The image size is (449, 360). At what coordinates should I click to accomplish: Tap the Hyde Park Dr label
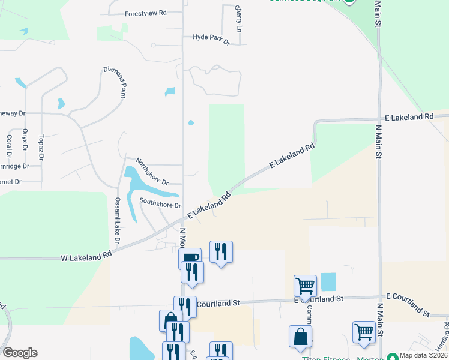(x=211, y=37)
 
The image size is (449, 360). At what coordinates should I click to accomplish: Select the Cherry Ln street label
(x=239, y=19)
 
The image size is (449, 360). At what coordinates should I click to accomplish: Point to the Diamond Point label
(x=115, y=82)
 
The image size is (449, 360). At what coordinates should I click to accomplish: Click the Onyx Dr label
(x=25, y=139)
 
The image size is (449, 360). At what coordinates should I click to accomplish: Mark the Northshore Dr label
(x=151, y=172)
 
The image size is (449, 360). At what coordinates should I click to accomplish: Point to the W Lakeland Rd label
(x=86, y=256)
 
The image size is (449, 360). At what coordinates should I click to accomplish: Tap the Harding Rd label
(x=446, y=333)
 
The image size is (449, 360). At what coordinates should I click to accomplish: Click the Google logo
(x=20, y=353)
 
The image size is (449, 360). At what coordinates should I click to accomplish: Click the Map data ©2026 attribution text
(x=424, y=355)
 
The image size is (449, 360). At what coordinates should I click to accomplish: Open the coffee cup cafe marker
(x=190, y=257)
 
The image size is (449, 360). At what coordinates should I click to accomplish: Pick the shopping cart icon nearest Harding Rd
(x=364, y=332)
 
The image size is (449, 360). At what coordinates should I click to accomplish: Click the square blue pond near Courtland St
(x=328, y=281)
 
